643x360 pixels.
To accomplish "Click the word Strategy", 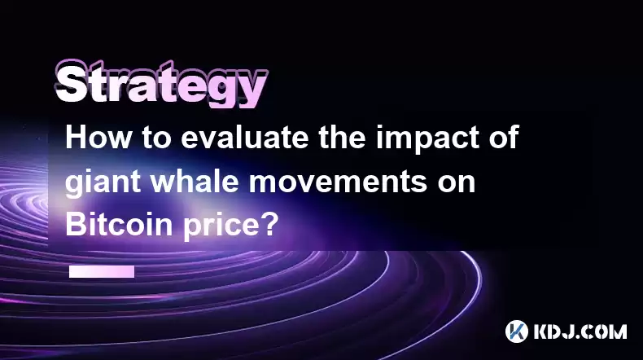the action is click(x=161, y=83).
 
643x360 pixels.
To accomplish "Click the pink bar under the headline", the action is click(x=102, y=271).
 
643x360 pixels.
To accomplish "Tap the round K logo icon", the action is click(x=517, y=331).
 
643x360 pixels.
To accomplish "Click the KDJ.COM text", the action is click(x=580, y=331).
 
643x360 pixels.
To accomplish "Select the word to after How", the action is click(x=156, y=138).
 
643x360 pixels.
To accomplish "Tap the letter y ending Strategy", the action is click(x=252, y=90).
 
